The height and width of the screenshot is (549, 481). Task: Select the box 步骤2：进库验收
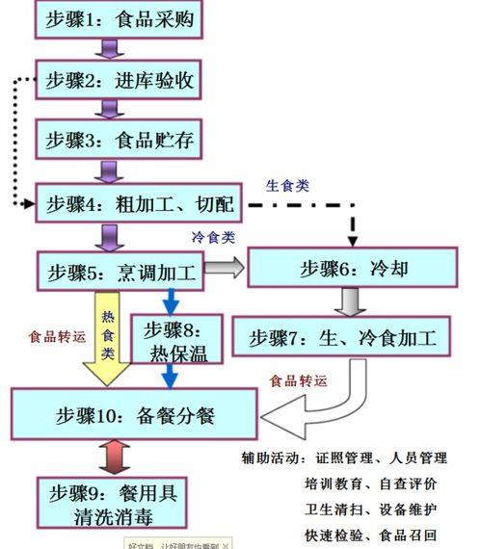120,81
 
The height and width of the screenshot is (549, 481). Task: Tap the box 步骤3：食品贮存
120,142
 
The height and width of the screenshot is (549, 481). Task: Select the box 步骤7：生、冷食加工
343,337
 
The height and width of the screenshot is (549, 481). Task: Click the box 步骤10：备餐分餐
134,416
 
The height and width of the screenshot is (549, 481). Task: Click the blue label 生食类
287,186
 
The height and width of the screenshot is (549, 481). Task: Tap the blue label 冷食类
214,237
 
